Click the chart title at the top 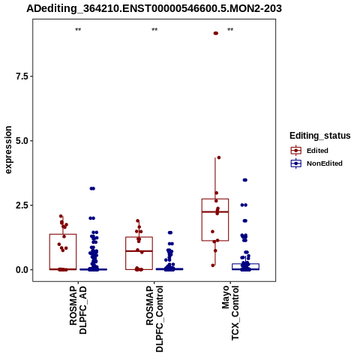point(154,8)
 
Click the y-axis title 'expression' point(8,150)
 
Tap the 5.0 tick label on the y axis point(22,141)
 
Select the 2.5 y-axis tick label point(22,205)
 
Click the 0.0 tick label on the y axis point(22,270)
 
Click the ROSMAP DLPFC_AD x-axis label point(78,310)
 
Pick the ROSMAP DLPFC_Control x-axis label point(154,319)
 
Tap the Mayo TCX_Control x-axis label point(230,313)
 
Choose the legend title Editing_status point(320,136)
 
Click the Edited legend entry point(317,151)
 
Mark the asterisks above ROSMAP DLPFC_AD point(78,30)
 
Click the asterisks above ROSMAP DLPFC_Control point(154,30)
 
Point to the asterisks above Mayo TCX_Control point(230,30)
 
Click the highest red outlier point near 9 point(216,33)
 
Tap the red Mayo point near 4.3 point(219,157)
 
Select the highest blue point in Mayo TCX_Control point(245,180)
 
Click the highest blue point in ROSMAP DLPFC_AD point(92,188)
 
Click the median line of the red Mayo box point(215,211)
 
